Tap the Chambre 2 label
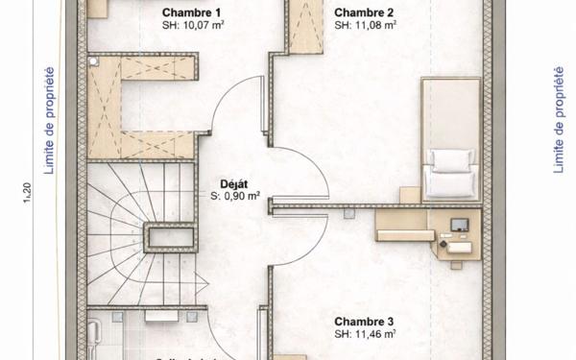coord(364,12)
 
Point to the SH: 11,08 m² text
coord(367,27)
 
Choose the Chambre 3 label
coord(364,321)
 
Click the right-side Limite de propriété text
coord(558,120)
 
